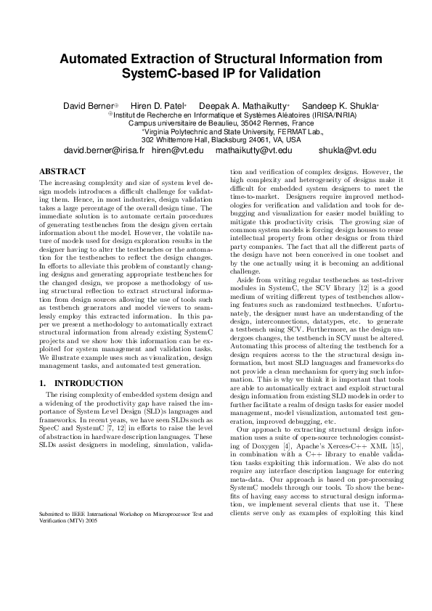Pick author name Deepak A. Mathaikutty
point(245,106)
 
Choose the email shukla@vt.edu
point(327,150)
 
